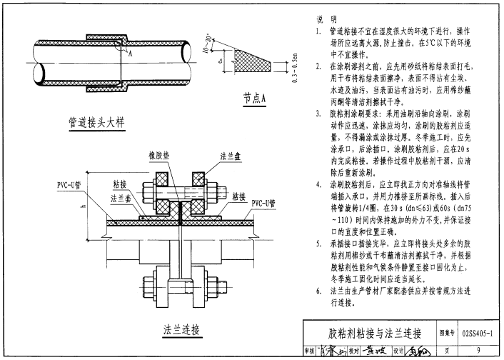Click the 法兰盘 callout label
click(x=230, y=154)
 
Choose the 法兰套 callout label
click(x=119, y=198)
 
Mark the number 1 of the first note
click(x=319, y=32)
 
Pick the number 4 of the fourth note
click(x=319, y=184)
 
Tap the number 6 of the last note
click(x=319, y=291)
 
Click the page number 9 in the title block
click(x=477, y=350)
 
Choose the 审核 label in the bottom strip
click(x=310, y=351)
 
